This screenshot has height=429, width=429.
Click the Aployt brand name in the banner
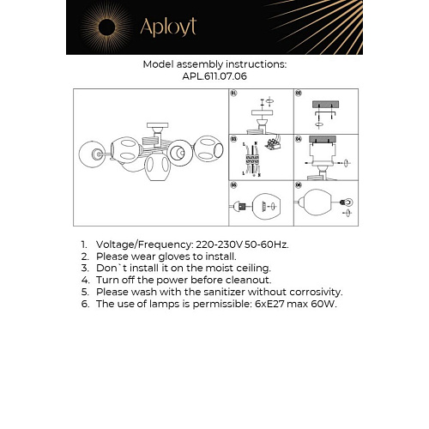(x=170, y=27)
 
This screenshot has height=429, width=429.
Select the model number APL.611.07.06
(x=214, y=76)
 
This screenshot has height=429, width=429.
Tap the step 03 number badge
(x=233, y=137)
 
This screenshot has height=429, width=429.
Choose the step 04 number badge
(x=299, y=137)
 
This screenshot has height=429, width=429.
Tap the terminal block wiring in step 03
(x=275, y=143)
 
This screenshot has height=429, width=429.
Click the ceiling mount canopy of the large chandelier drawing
(x=154, y=128)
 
